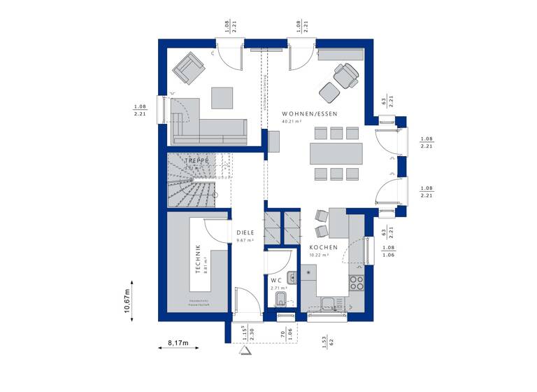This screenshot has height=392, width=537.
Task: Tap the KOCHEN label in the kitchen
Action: point(324,248)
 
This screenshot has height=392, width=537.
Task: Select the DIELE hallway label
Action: point(245,233)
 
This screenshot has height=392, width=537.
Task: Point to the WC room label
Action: point(277,280)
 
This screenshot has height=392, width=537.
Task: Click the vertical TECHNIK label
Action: point(199,258)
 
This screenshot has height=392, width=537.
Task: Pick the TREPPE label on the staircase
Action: point(197,160)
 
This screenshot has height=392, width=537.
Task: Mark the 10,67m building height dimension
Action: point(128,302)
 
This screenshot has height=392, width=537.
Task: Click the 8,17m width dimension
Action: point(178,344)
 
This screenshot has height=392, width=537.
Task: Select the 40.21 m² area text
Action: point(292,122)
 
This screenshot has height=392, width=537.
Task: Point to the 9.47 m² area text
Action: point(245,241)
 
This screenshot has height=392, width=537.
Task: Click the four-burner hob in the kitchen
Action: point(356,283)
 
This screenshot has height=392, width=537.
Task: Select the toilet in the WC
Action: point(280,301)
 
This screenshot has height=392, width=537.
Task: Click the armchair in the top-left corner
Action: point(189,67)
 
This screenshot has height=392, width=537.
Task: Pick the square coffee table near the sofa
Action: point(222,97)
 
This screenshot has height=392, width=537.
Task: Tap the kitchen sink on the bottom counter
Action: point(329,302)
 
